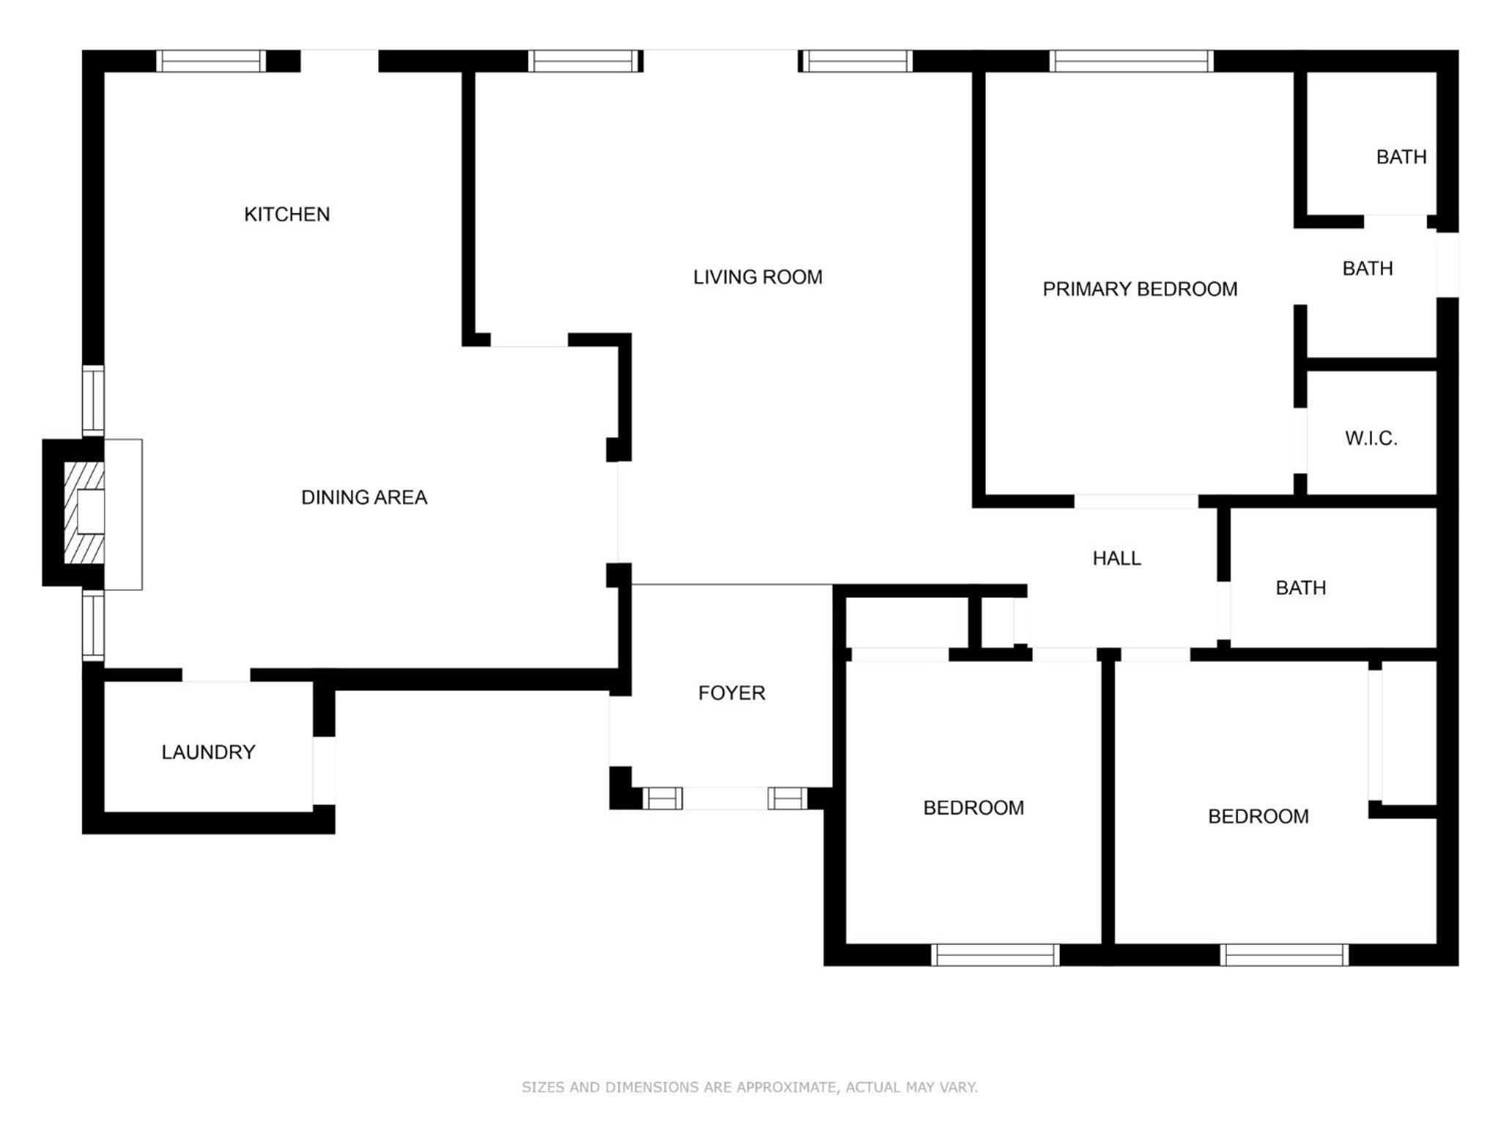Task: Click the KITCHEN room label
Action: click(x=287, y=214)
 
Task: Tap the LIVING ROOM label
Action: click(x=758, y=277)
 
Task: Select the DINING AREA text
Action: click(x=364, y=497)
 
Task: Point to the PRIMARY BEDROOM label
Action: click(x=1140, y=289)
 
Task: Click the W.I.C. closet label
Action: click(x=1371, y=438)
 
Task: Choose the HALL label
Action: click(x=1116, y=559)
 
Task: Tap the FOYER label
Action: click(x=731, y=693)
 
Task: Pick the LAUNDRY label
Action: click(x=208, y=752)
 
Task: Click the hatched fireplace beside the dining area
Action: click(x=84, y=512)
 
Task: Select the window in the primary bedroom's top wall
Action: click(x=1131, y=61)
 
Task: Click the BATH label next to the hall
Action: click(x=1300, y=588)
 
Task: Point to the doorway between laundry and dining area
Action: click(x=216, y=675)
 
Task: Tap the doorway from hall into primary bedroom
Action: click(x=1136, y=501)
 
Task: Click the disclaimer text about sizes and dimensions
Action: click(x=750, y=1087)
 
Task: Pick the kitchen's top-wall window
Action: click(x=211, y=61)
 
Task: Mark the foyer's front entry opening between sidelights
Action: click(x=725, y=798)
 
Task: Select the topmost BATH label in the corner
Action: click(x=1401, y=157)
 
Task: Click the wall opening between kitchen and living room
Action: click(x=529, y=340)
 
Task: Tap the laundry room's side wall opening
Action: click(x=324, y=770)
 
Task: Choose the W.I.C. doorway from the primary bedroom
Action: click(x=1300, y=440)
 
